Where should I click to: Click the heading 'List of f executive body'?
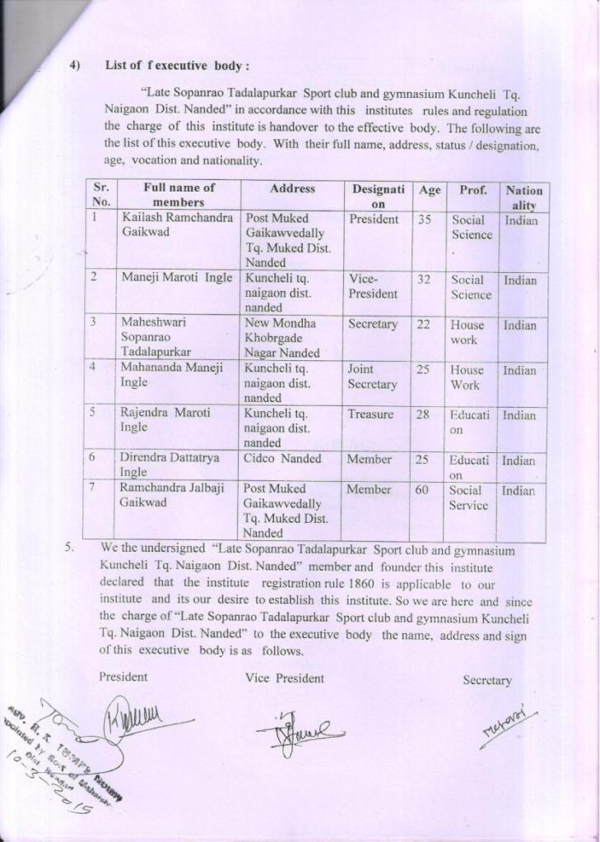(x=177, y=66)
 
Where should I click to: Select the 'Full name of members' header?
(x=179, y=195)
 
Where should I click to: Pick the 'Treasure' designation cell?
(x=370, y=414)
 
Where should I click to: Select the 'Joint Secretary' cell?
(x=372, y=377)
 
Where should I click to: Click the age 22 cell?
(x=423, y=325)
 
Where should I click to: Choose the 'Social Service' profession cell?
(x=468, y=498)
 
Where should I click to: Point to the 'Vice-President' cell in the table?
(x=373, y=287)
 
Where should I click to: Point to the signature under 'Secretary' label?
(x=508, y=724)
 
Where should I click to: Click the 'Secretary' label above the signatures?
(x=487, y=680)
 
